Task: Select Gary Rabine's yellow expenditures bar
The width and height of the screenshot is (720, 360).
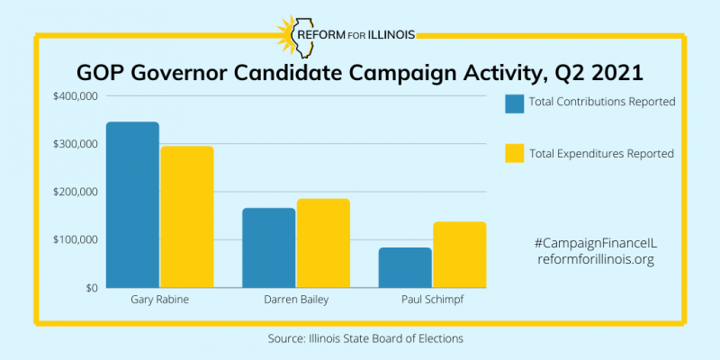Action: pyautogui.click(x=187, y=217)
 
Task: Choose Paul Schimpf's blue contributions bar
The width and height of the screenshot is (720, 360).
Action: pyautogui.click(x=405, y=267)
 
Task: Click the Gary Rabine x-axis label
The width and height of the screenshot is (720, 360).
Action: pyautogui.click(x=159, y=300)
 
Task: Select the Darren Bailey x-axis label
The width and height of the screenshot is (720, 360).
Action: pyautogui.click(x=295, y=300)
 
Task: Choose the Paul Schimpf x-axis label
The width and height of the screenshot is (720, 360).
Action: pyautogui.click(x=432, y=300)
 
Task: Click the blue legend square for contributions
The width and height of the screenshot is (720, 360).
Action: pyautogui.click(x=515, y=103)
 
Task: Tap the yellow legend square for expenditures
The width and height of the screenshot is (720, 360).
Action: pyautogui.click(x=515, y=154)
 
